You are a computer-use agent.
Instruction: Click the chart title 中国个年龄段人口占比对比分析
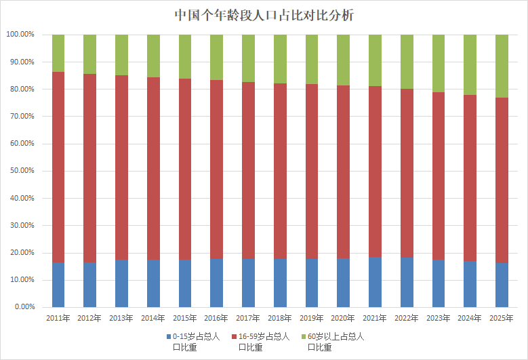pos(264,14)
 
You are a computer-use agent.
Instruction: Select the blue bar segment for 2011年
pos(58,285)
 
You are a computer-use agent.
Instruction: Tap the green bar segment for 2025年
pos(502,66)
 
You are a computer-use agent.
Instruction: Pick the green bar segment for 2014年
pos(153,56)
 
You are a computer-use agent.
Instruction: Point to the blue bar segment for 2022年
pos(407,282)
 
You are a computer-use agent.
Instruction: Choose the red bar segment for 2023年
pos(439,176)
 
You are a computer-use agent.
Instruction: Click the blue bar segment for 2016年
pos(217,283)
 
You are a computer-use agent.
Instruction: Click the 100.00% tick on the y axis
pos(20,35)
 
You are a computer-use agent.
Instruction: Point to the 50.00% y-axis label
pos(21,171)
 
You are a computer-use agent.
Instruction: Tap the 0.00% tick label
pos(22,307)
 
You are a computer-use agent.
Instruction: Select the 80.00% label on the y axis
pos(21,89)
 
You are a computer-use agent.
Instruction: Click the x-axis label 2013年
pos(122,318)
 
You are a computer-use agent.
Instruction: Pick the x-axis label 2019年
pos(312,318)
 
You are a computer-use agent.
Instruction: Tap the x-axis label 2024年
pos(470,318)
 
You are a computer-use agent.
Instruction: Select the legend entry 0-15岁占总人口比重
pos(193,341)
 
